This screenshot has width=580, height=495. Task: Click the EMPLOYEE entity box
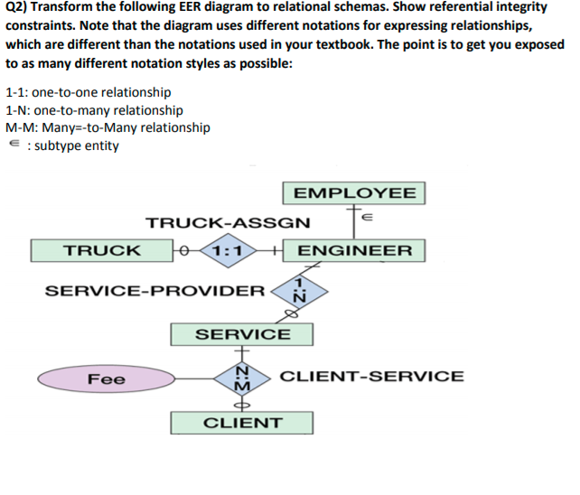[x=355, y=193]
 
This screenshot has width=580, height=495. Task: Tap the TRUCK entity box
[x=101, y=250]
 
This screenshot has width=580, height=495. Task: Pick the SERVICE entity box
[x=242, y=334]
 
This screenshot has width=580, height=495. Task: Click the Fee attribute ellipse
[x=107, y=379]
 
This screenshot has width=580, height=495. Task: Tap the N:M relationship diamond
[x=242, y=378]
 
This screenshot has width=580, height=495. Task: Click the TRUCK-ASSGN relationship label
[x=228, y=222]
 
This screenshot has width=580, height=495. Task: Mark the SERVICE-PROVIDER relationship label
[x=154, y=291]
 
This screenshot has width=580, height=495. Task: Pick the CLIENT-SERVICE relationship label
[x=372, y=377]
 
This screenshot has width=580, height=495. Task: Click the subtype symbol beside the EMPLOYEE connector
[x=366, y=217]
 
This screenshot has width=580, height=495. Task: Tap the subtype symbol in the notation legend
[x=12, y=145]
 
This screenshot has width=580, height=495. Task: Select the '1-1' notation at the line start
[x=15, y=92]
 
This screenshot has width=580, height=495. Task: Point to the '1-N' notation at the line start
[x=16, y=110]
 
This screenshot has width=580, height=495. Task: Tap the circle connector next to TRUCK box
[x=184, y=250]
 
